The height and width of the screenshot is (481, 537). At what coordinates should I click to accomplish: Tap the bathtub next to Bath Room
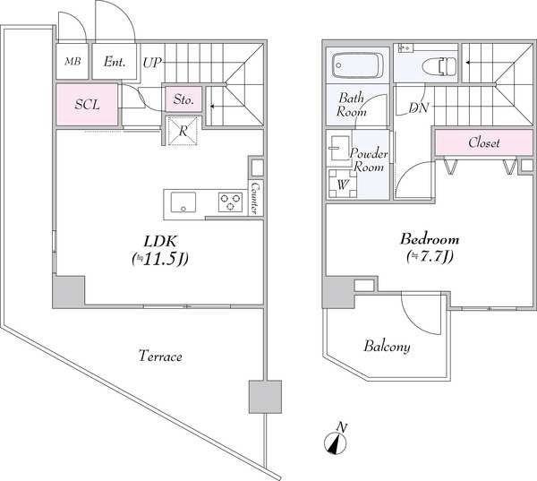358,65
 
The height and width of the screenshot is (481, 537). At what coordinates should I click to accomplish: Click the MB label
73,62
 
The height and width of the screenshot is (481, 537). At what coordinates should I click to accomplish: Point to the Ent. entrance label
115,62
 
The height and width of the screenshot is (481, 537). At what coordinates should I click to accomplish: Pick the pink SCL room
87,105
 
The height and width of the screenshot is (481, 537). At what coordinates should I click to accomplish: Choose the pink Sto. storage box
183,99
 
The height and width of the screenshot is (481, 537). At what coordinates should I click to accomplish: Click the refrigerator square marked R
183,131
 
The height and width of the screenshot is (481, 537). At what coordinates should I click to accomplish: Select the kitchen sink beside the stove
183,202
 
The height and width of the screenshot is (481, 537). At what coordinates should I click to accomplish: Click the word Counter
255,197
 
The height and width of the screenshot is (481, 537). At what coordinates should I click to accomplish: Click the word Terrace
160,356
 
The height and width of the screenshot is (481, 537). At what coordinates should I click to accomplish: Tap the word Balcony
387,347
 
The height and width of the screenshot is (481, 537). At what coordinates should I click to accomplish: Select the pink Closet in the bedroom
483,142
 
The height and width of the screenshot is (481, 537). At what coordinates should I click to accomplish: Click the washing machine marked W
343,184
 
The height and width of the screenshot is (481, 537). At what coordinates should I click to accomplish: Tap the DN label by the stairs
419,108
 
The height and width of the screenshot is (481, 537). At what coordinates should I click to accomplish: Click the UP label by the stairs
152,63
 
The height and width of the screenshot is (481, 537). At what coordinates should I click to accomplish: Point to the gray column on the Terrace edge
265,397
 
